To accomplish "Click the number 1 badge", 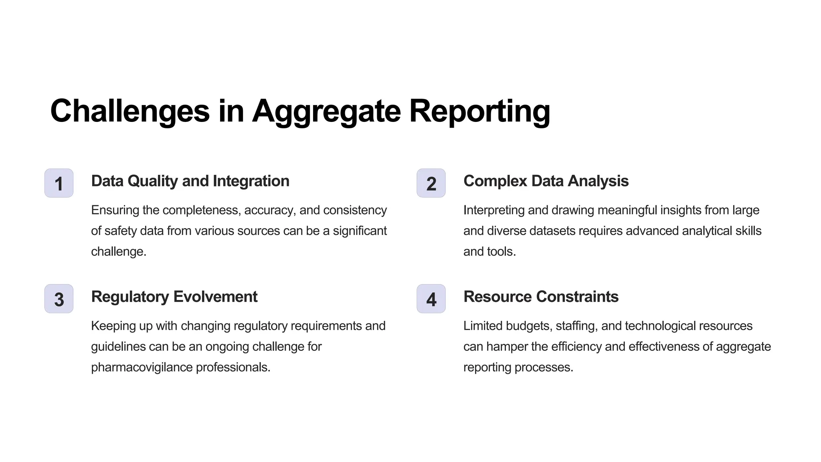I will pyautogui.click(x=59, y=183).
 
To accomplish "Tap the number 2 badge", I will pyautogui.click(x=431, y=183).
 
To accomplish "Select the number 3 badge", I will pyautogui.click(x=59, y=299).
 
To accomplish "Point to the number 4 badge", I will pyautogui.click(x=431, y=299).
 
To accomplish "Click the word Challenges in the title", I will pyautogui.click(x=130, y=111).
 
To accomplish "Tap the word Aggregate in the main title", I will pyautogui.click(x=326, y=111).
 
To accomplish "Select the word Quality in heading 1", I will pyautogui.click(x=153, y=181).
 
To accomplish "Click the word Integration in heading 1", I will pyautogui.click(x=251, y=181).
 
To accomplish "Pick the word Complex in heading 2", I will pyautogui.click(x=495, y=181).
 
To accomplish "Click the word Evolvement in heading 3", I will pyautogui.click(x=215, y=297).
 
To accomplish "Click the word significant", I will pyautogui.click(x=360, y=231).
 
